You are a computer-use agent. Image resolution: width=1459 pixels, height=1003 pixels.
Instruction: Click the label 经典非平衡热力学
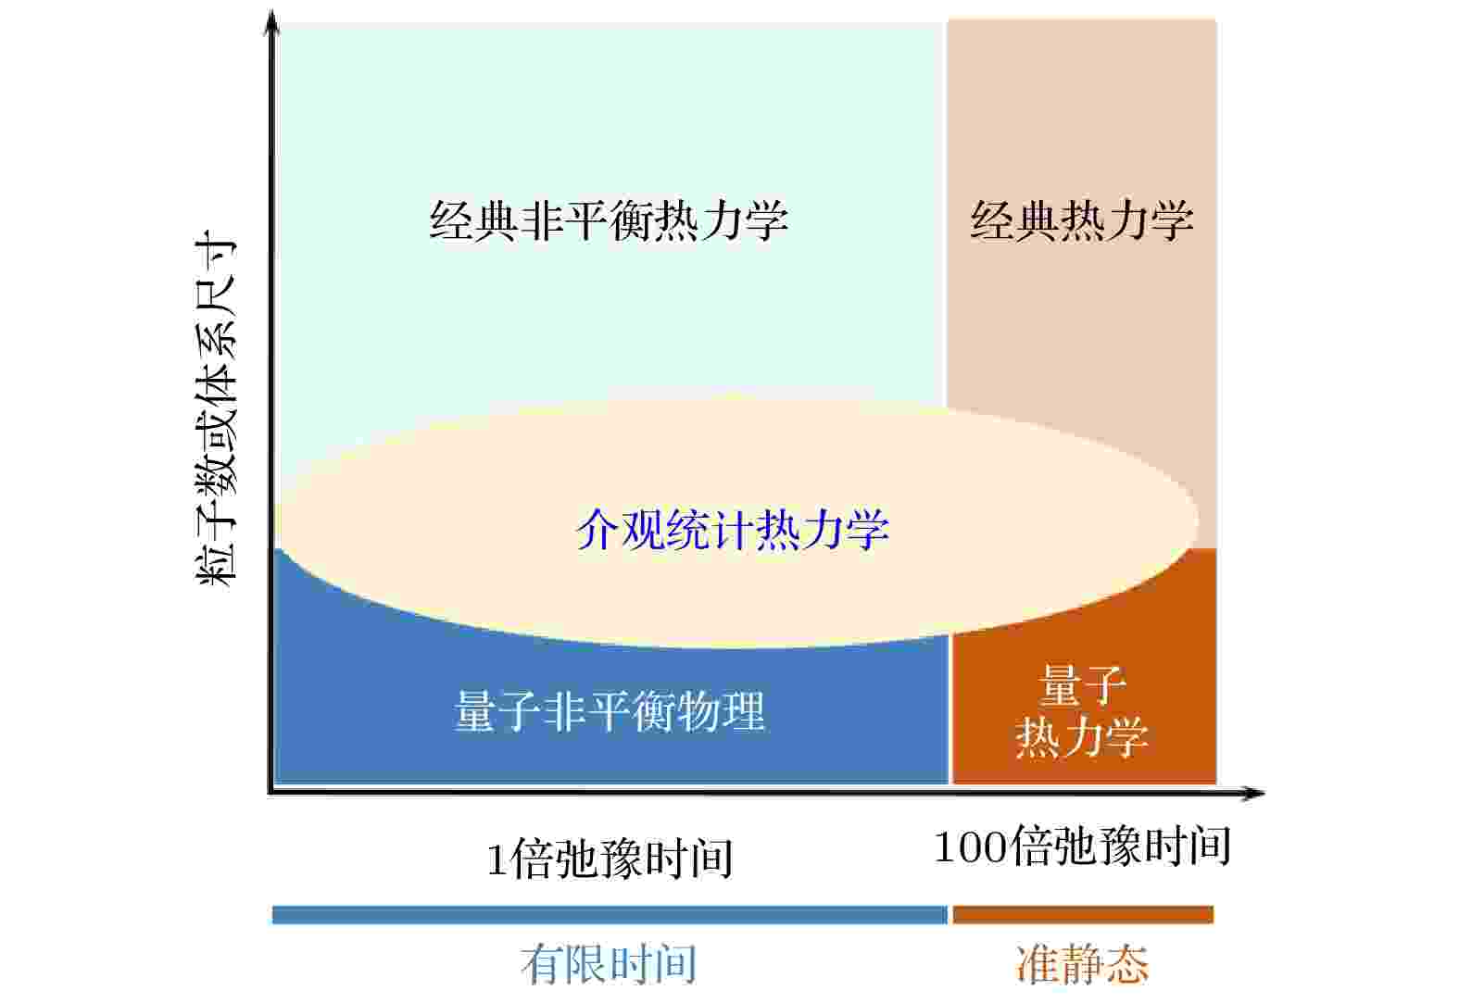609,220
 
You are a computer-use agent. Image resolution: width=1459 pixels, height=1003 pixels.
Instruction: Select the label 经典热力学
1082,220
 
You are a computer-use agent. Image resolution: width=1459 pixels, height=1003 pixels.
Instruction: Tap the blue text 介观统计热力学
733,529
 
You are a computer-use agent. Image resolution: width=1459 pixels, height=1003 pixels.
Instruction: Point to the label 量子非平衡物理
610,711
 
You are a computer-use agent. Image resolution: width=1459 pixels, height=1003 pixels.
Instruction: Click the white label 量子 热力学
1082,711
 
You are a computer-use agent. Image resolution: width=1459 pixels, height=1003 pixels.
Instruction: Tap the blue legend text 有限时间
609,965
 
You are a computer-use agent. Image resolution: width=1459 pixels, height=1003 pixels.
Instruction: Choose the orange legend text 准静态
1082,965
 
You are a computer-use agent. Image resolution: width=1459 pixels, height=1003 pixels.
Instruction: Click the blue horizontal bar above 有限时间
610,914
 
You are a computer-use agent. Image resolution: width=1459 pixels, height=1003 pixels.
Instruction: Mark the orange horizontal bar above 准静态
1083,914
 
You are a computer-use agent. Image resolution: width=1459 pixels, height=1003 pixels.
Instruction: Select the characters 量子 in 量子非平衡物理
497,711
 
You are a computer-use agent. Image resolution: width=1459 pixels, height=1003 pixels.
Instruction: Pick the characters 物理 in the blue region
721,711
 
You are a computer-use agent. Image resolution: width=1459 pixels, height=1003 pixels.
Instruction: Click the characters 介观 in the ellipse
620,529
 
